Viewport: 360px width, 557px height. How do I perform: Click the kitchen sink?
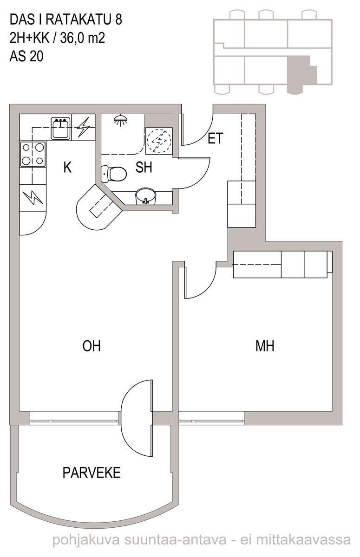(61, 128)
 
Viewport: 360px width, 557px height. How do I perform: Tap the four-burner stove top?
(33, 154)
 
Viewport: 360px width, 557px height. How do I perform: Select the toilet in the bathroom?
(114, 174)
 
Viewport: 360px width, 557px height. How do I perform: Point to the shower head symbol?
(121, 121)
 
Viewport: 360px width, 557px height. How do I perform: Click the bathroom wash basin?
(146, 196)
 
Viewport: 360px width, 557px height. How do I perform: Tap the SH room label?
(144, 168)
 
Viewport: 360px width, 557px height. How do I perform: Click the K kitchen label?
(67, 168)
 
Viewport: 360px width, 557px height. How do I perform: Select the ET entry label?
(216, 138)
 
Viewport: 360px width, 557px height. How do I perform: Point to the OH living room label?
(92, 346)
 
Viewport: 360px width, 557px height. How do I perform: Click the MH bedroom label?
(265, 346)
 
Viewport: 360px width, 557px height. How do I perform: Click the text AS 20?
(26, 56)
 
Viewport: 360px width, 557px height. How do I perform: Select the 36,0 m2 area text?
(82, 38)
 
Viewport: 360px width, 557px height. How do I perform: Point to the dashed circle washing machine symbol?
(159, 141)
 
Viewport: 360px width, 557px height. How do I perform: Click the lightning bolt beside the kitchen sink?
(83, 127)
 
